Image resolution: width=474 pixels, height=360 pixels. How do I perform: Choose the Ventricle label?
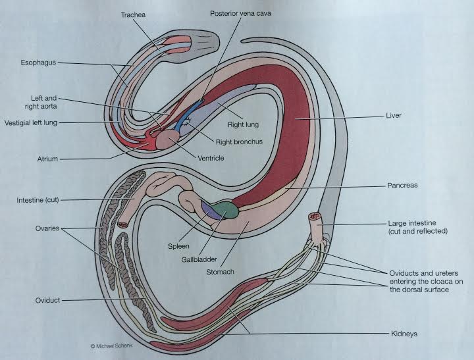pos(210,159)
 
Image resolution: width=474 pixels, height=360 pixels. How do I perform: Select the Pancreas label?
pos(403,186)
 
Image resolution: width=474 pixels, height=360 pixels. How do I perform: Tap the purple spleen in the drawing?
pos(210,210)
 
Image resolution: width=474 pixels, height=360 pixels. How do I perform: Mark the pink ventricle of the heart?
pos(175,138)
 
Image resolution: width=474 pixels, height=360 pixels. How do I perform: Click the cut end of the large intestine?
pos(315,216)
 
